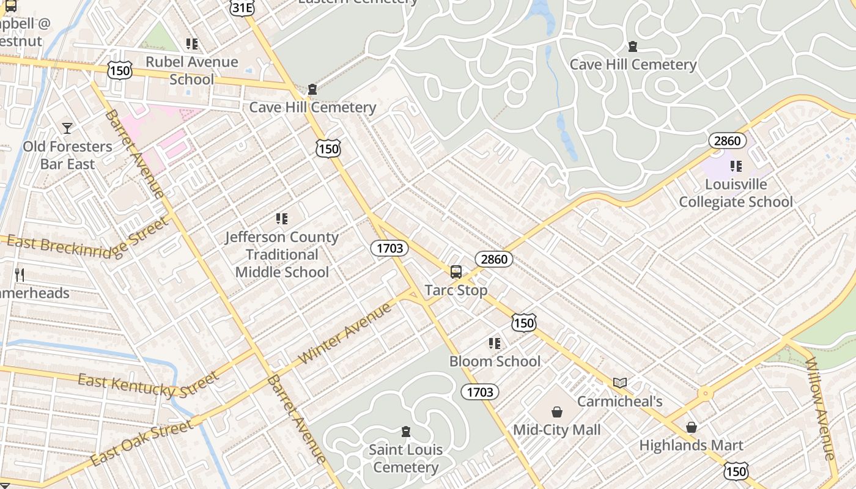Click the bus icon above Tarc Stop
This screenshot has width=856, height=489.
click(x=456, y=272)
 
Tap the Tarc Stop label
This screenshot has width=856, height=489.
click(x=456, y=290)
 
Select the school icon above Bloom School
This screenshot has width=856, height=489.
click(x=495, y=344)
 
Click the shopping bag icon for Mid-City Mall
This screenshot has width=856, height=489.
click(x=556, y=412)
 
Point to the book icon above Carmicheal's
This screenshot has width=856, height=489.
click(x=620, y=383)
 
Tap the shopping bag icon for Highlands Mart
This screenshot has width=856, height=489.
click(x=691, y=427)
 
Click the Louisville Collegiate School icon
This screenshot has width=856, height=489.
click(x=736, y=166)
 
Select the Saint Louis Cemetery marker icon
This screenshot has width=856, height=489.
click(x=405, y=432)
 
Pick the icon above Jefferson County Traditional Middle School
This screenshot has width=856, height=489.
click(x=282, y=219)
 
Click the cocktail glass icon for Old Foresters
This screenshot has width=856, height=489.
click(x=67, y=128)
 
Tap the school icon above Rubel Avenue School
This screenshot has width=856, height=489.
click(x=192, y=44)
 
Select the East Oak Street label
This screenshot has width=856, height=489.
click(x=141, y=441)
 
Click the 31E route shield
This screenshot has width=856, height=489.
click(x=242, y=7)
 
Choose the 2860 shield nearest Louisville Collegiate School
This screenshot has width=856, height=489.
click(x=728, y=141)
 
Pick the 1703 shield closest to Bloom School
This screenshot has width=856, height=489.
click(x=480, y=392)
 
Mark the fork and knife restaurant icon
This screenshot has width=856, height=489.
click(x=20, y=275)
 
